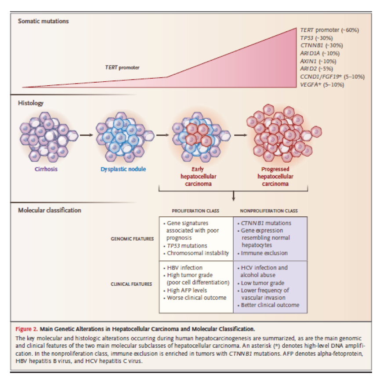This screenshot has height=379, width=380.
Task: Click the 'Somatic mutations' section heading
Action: [x=43, y=21]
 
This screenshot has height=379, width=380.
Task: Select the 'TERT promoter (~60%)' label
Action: [x=329, y=30]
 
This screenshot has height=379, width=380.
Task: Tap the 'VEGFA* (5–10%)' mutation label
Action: [x=322, y=84]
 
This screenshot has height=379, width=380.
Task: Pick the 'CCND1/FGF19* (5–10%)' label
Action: [x=332, y=77]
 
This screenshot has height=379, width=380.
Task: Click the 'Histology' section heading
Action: [x=31, y=103]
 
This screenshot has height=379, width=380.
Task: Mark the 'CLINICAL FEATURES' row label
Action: [x=132, y=284]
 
